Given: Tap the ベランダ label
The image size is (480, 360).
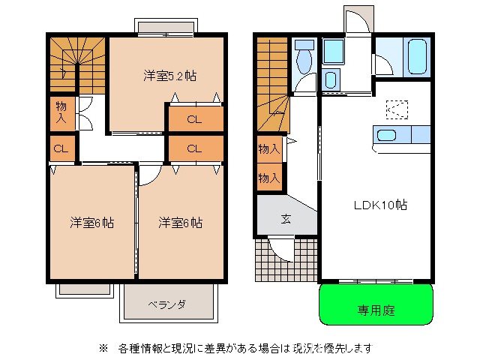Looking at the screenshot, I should (166, 304).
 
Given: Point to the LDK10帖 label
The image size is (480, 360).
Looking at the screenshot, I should (380, 204).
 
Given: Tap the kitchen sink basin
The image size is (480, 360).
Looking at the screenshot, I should (386, 136).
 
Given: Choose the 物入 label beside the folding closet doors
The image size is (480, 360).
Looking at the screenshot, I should (61, 112).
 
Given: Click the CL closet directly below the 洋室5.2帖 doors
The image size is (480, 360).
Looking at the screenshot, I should (194, 119).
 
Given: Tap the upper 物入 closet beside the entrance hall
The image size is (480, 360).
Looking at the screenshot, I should (268, 148).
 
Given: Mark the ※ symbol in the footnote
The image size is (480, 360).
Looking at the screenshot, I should (103, 348).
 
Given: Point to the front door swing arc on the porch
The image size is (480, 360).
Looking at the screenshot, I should (282, 247).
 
